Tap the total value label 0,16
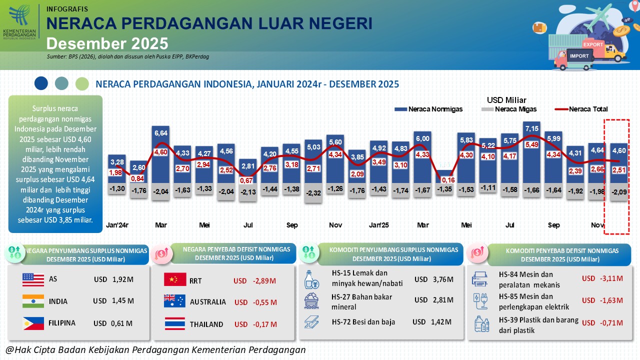(x=448, y=180)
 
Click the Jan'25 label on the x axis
(x=378, y=225)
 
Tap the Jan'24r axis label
(x=117, y=225)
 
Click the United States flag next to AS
(x=33, y=279)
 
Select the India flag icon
(x=33, y=301)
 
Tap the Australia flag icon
(x=175, y=301)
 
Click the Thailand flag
(x=175, y=324)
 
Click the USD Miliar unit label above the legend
(x=506, y=100)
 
